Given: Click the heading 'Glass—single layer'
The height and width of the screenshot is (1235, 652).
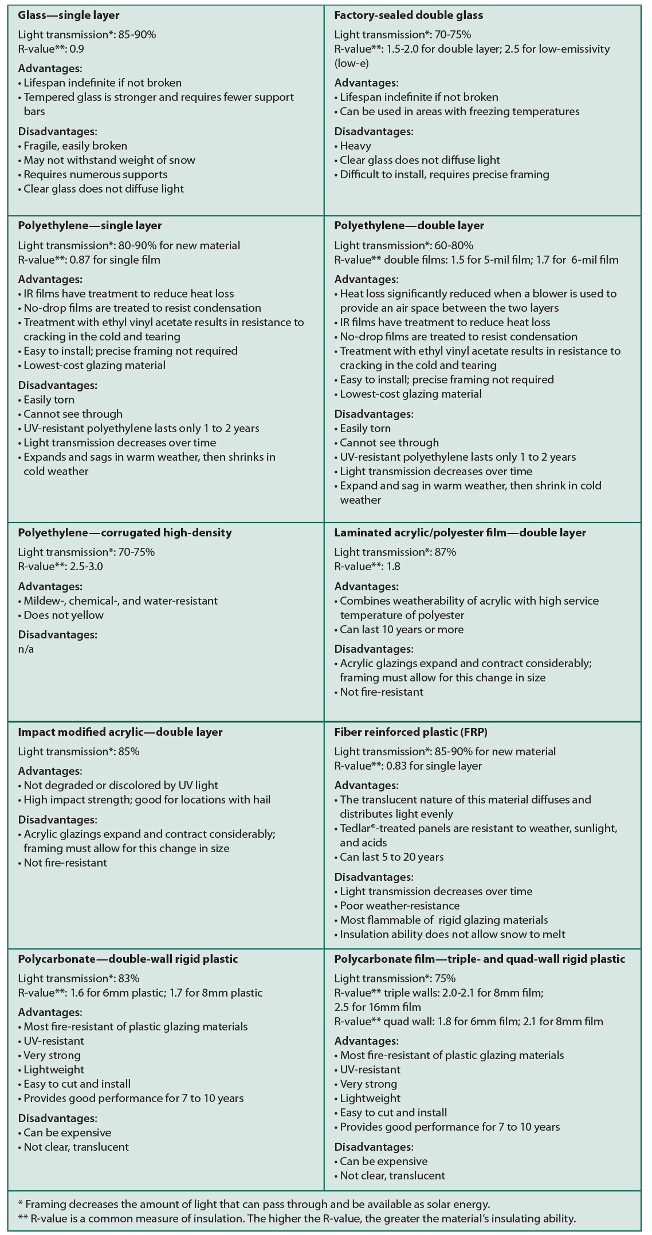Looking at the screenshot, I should tap(69, 15).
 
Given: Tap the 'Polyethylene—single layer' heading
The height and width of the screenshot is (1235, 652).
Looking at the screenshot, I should tap(90, 226).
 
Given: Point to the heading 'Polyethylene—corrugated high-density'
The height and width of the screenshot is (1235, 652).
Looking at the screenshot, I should tap(125, 532).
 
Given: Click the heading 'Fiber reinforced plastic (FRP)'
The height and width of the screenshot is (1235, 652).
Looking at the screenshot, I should tap(411, 732).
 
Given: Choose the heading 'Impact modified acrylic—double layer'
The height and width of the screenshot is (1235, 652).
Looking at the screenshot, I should tap(120, 732).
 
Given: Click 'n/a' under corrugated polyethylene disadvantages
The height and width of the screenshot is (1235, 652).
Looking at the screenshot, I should tap(26, 649).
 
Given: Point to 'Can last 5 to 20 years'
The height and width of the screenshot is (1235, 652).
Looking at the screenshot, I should tap(391, 857).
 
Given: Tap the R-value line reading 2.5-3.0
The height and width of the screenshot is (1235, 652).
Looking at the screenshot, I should tap(61, 567).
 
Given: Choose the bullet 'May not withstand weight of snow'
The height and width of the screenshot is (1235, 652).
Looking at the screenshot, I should tap(109, 160).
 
